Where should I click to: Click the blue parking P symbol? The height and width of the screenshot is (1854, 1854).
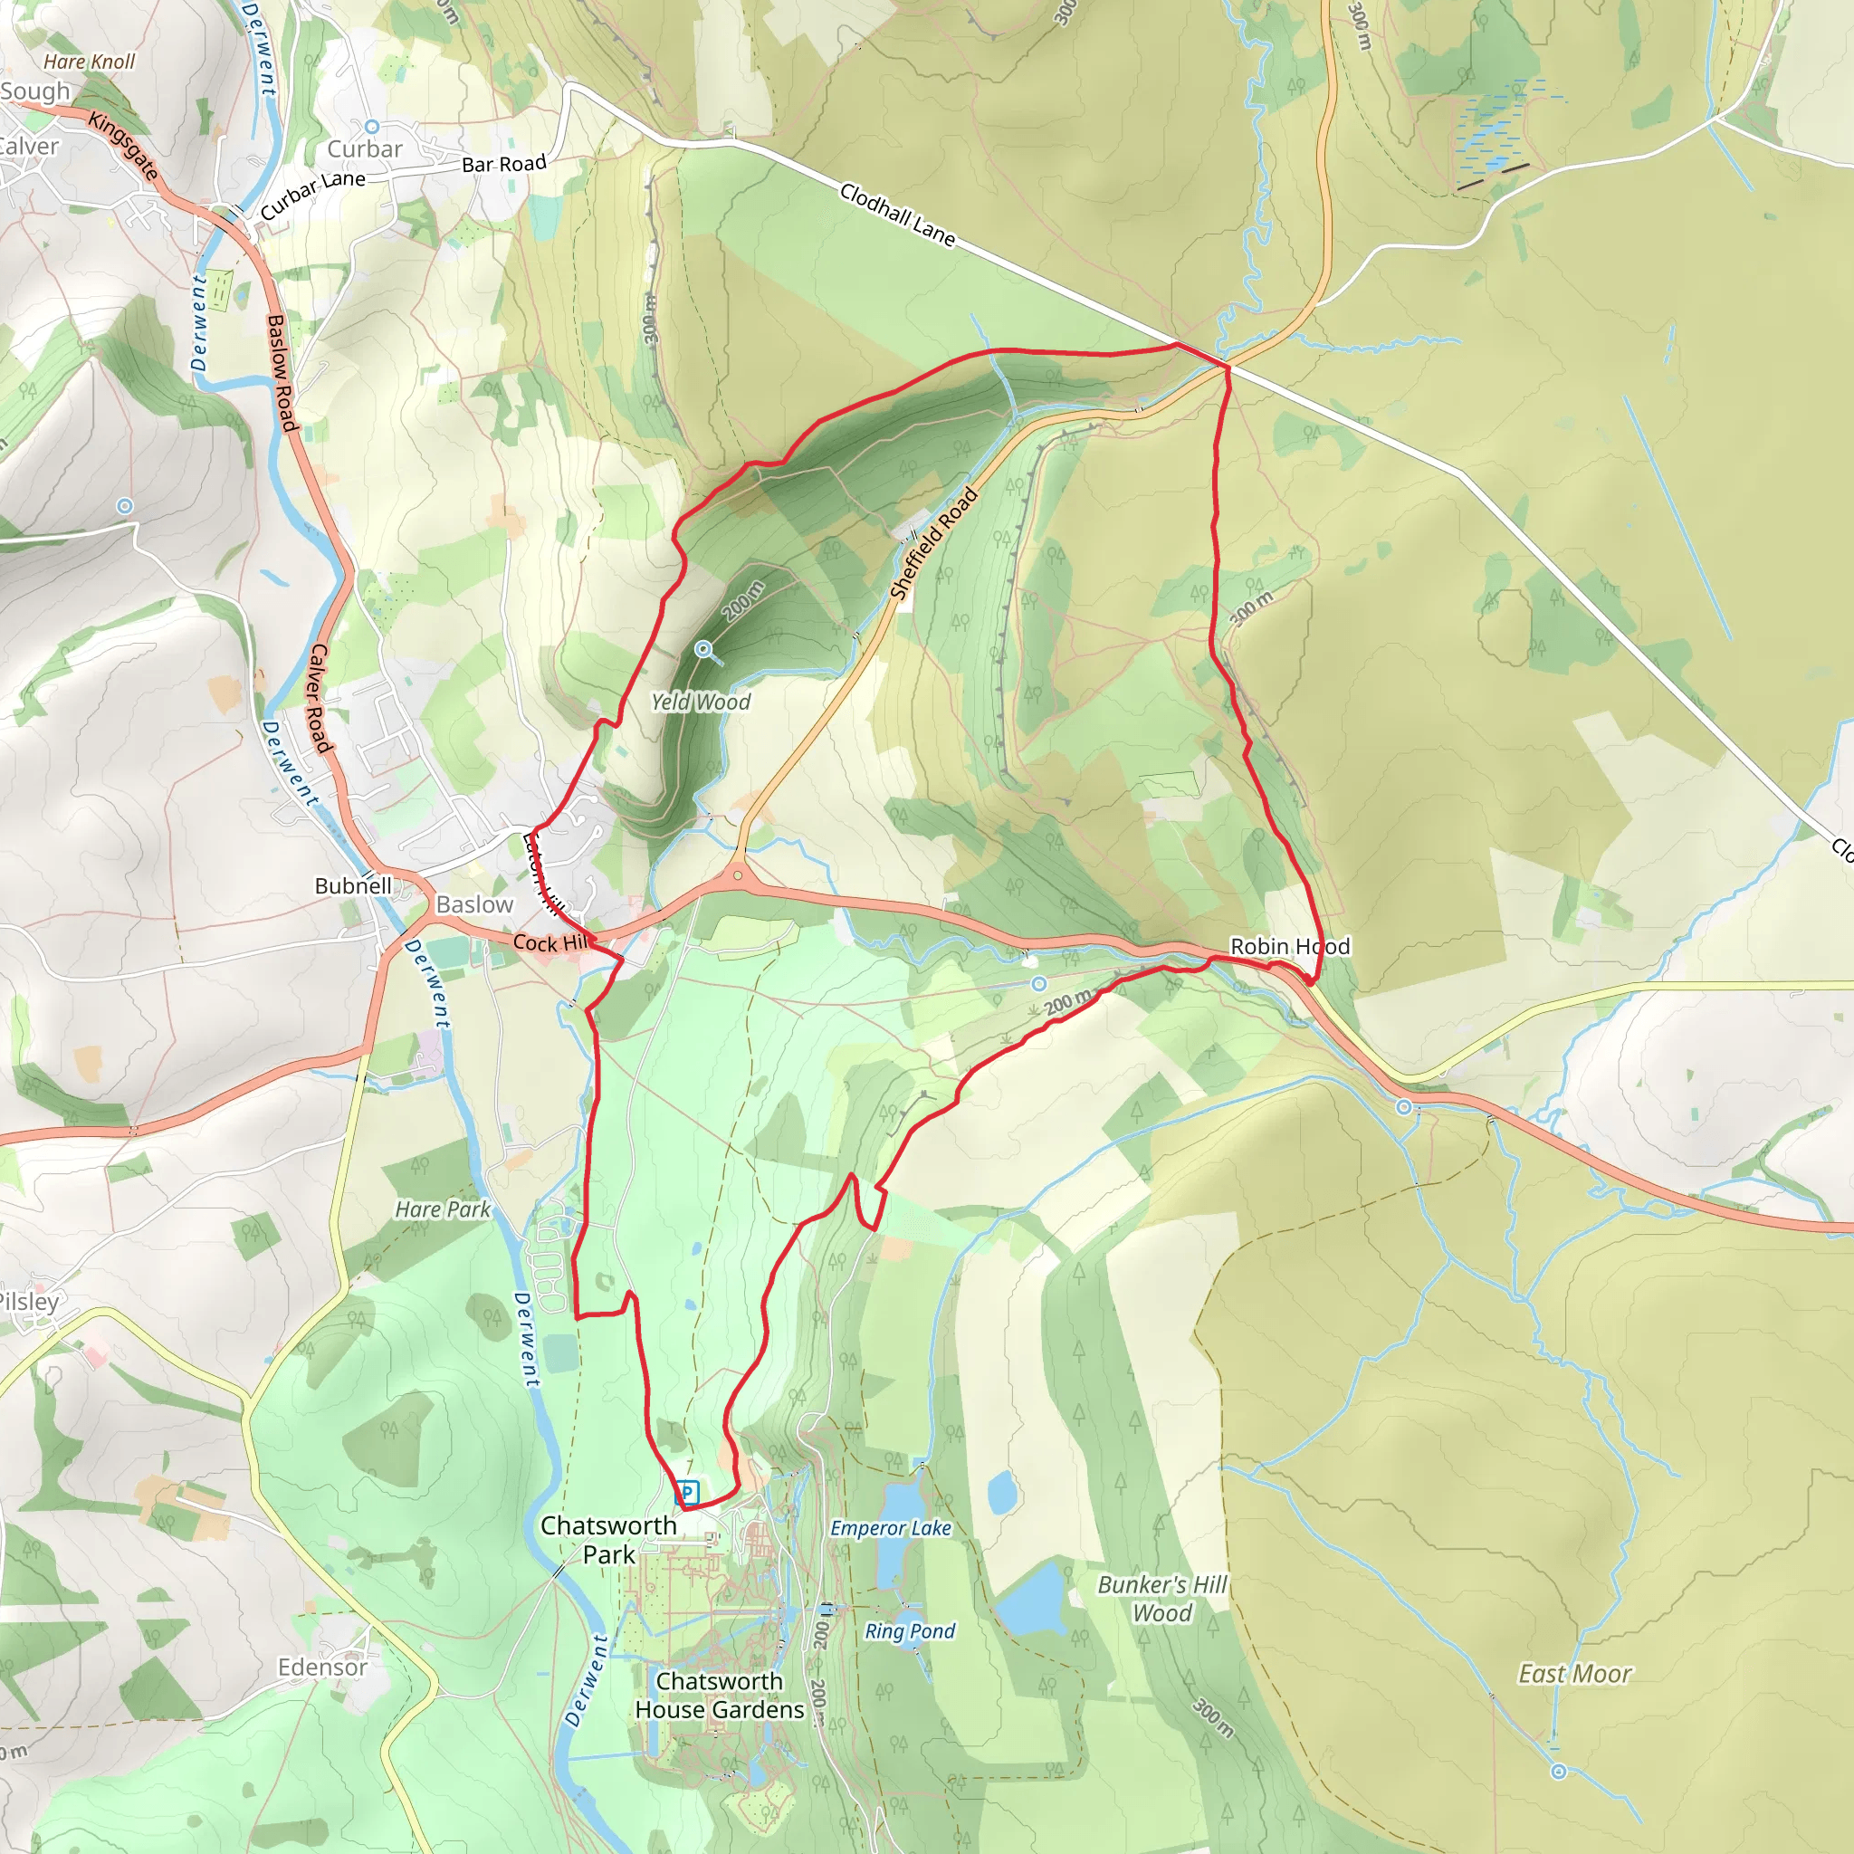(x=686, y=1492)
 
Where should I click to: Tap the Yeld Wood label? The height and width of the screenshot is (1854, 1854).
(x=701, y=702)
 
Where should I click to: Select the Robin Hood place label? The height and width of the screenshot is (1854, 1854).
(x=1290, y=946)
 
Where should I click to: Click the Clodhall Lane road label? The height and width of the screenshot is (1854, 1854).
(x=897, y=215)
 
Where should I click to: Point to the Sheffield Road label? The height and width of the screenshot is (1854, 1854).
(x=932, y=543)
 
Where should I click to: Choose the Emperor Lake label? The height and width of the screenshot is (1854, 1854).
(x=891, y=1529)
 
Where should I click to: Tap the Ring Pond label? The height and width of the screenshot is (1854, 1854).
(x=910, y=1631)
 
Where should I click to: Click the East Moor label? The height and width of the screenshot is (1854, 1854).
(x=1573, y=1675)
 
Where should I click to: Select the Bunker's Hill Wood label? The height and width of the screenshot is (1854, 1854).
(x=1162, y=1599)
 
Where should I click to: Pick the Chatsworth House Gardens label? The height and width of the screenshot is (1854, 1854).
(x=720, y=1696)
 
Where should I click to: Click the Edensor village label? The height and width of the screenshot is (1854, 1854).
(x=322, y=1667)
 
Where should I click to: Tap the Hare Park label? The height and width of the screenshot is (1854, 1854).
(x=443, y=1209)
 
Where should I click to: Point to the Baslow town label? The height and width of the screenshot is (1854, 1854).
(x=474, y=904)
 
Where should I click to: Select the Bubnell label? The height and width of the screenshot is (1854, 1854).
(x=353, y=885)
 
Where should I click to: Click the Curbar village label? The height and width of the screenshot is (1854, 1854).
(x=365, y=148)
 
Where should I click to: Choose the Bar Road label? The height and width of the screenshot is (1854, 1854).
(x=504, y=164)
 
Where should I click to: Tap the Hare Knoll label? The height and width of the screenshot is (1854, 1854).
(x=90, y=62)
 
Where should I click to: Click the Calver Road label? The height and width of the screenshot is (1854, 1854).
(x=319, y=698)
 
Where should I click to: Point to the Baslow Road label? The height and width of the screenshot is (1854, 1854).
(x=281, y=372)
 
